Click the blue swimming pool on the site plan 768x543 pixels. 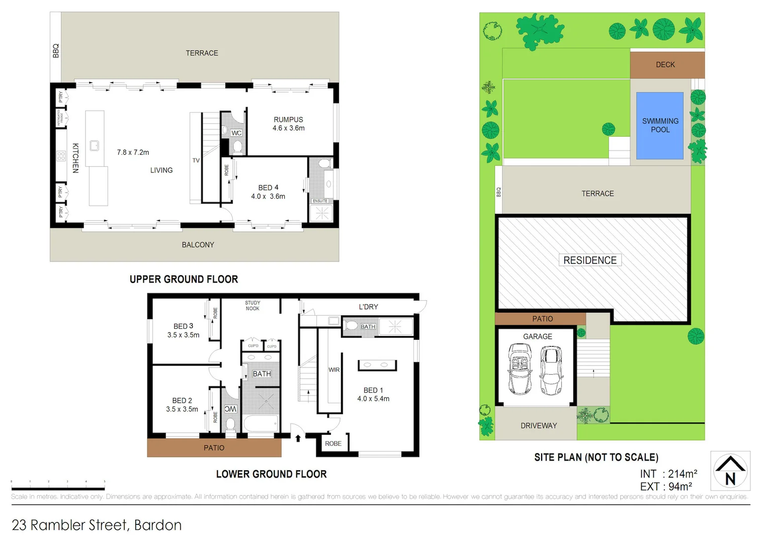tap(659, 126)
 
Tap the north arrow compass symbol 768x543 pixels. tap(730, 471)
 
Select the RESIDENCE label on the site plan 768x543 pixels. tap(589, 260)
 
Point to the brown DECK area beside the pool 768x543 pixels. tap(666, 64)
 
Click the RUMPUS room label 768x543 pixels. tap(288, 120)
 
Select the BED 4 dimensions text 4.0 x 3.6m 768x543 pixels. tap(268, 197)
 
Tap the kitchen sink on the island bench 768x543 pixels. tap(94, 146)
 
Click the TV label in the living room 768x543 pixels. tap(196, 160)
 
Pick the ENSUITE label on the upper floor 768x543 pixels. tap(320, 201)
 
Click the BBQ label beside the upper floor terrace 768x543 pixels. tap(56, 51)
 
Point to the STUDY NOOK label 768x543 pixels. tap(252, 306)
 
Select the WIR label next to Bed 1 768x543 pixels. tap(334, 370)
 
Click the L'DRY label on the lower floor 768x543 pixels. tap(368, 307)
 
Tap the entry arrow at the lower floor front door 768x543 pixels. tap(298, 438)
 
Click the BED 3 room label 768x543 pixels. tap(183, 326)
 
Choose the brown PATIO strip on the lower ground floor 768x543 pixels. tap(214, 447)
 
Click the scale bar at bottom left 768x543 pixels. tap(58, 487)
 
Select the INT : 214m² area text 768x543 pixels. tap(668, 474)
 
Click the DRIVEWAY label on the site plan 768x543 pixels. tap(538, 426)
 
